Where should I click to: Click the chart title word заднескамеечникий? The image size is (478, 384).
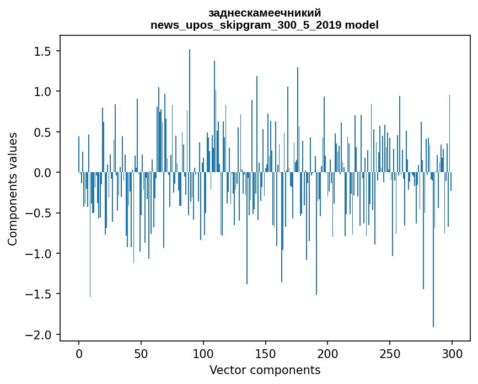[265, 13]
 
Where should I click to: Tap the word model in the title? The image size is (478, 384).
[366, 25]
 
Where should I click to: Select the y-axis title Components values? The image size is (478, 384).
[12, 189]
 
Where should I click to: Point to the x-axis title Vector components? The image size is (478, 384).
[265, 370]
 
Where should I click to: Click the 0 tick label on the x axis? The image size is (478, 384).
[79, 353]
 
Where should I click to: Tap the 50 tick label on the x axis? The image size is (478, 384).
[141, 353]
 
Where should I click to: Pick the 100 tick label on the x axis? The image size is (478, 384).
[203, 353]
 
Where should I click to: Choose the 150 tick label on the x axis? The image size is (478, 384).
[266, 353]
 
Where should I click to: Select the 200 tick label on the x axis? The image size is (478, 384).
[327, 353]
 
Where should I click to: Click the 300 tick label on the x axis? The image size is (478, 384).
[452, 353]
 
